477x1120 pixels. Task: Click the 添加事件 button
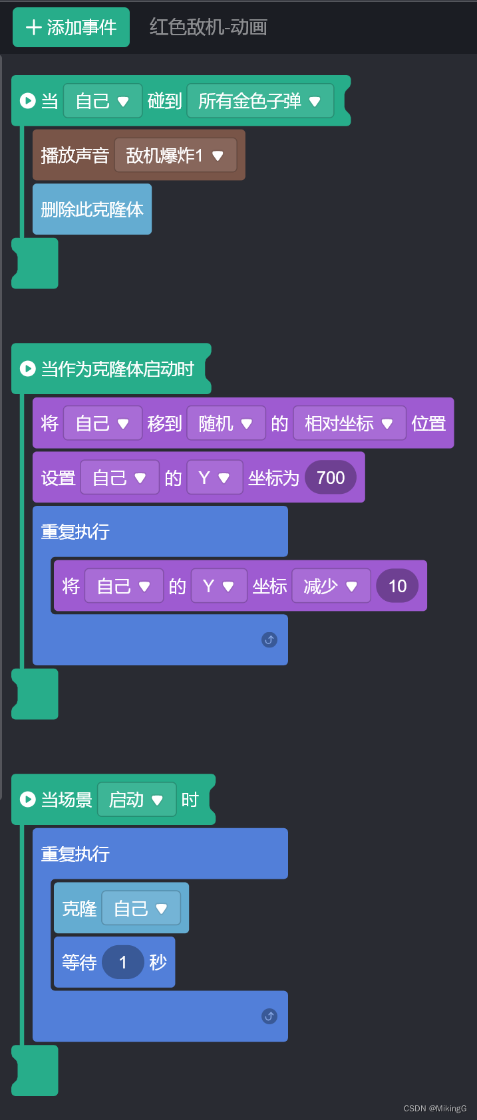click(x=71, y=27)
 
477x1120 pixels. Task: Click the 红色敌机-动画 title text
click(x=208, y=27)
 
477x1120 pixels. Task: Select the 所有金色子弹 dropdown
click(x=260, y=101)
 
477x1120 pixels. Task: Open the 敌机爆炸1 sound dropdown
click(x=176, y=156)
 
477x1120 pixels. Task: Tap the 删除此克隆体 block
click(x=92, y=209)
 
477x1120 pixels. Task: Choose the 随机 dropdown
click(x=226, y=423)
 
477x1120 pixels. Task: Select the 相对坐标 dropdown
click(x=349, y=423)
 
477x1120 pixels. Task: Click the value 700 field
click(x=331, y=478)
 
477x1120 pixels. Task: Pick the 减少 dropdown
click(x=331, y=586)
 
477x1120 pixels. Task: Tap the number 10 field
click(x=397, y=586)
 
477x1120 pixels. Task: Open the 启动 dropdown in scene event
click(x=136, y=800)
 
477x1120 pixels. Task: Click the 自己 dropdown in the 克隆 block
click(x=141, y=909)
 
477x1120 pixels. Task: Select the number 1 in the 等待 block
click(x=123, y=962)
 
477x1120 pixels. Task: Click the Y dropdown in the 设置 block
click(x=214, y=478)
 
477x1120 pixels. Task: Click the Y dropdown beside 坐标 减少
click(x=218, y=586)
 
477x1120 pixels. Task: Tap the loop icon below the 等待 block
click(x=269, y=1016)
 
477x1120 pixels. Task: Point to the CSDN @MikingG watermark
click(x=435, y=1108)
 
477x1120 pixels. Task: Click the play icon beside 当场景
click(x=28, y=800)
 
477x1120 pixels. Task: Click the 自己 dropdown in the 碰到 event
click(x=102, y=101)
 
